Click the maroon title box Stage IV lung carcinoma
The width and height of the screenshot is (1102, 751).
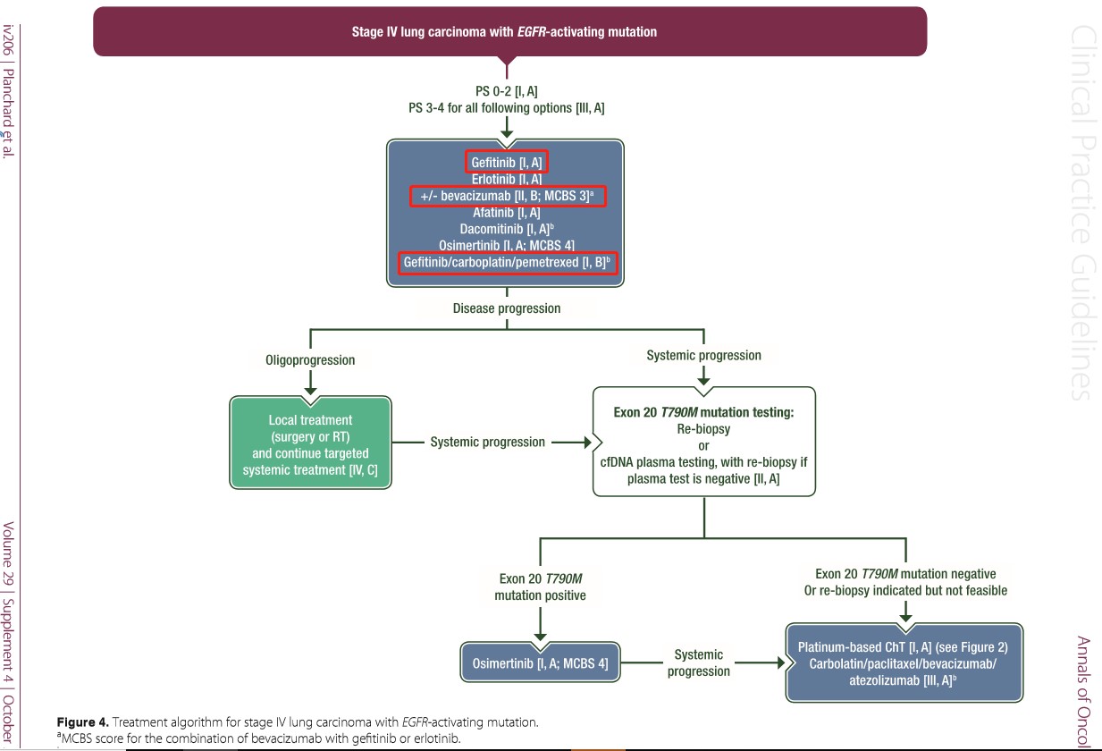(x=509, y=31)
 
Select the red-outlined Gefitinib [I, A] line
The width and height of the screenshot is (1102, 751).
(x=506, y=162)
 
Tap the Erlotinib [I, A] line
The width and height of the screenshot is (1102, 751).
(x=506, y=179)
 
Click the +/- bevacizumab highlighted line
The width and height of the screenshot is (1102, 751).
(x=508, y=196)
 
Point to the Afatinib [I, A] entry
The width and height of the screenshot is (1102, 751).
(x=506, y=213)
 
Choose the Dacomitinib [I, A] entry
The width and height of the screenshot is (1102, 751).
(x=507, y=229)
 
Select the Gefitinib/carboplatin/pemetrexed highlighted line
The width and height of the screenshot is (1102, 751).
(x=508, y=262)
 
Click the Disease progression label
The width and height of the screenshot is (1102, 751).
(x=506, y=308)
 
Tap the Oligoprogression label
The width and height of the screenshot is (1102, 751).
(x=310, y=360)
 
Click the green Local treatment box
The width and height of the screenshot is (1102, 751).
(x=310, y=443)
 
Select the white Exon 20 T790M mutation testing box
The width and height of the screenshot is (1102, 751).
(x=704, y=442)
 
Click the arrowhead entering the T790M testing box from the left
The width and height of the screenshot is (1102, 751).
(x=587, y=443)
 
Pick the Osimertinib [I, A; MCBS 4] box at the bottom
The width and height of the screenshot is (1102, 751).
(x=540, y=662)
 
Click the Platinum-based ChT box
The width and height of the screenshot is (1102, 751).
(x=904, y=662)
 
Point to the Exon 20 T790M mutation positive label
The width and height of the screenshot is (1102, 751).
(x=540, y=587)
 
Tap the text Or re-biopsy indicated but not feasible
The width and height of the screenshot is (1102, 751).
(x=905, y=591)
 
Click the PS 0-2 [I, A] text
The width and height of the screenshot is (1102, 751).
(x=506, y=91)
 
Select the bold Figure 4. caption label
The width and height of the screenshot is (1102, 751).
(x=82, y=722)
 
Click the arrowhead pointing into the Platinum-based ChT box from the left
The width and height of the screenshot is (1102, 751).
(x=781, y=662)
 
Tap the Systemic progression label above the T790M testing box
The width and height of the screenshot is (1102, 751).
(x=703, y=355)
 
